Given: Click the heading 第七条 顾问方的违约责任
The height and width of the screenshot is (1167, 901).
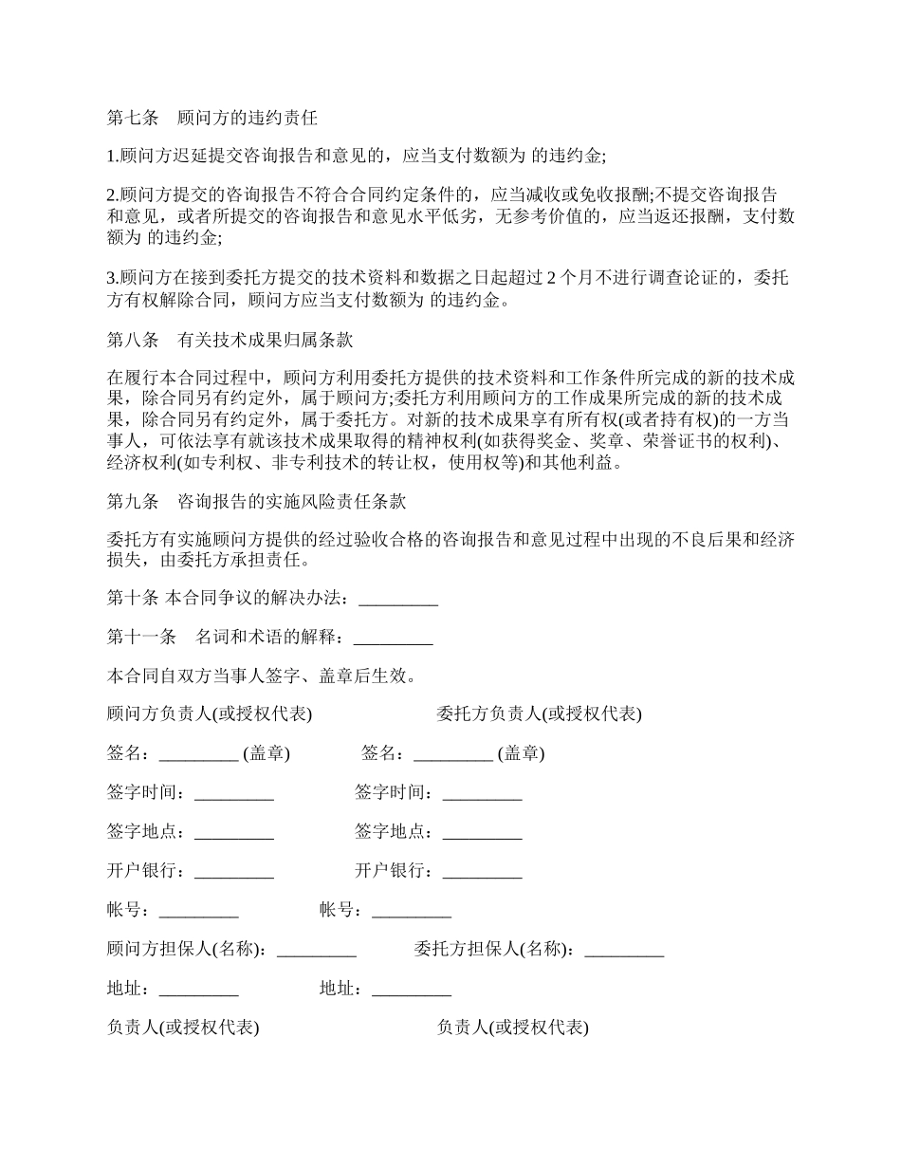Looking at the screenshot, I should point(211,119).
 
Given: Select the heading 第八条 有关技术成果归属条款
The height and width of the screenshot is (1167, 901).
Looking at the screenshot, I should point(230,340).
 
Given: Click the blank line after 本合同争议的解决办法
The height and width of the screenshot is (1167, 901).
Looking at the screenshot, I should point(398,599).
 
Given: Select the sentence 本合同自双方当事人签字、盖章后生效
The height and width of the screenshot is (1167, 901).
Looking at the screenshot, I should point(260,676).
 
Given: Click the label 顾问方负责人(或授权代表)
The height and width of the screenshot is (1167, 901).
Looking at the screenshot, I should point(210,714).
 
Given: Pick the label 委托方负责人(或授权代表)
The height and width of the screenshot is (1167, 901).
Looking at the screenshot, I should point(539,714).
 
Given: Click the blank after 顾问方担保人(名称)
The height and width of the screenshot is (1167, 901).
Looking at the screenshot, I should point(317,950).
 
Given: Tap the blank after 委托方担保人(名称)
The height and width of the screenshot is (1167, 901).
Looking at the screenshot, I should point(624,950).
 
